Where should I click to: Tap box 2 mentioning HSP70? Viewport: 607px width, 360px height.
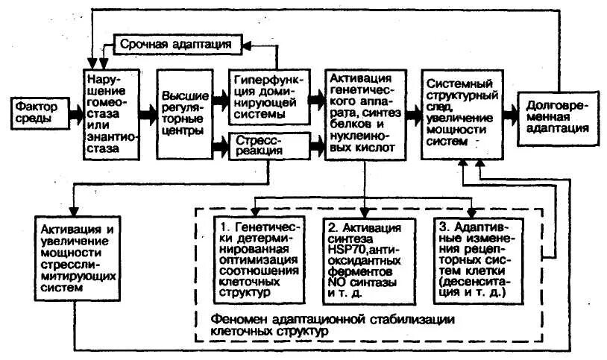pos(365,258)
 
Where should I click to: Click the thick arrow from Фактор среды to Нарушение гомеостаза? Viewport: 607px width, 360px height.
pos(75,113)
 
